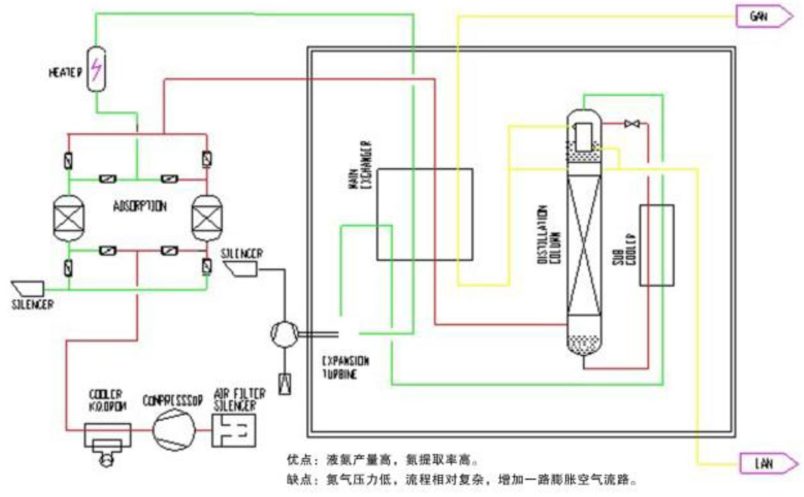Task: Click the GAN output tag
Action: [x=762, y=16]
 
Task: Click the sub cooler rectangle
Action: [x=656, y=245]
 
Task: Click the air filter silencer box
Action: [x=235, y=430]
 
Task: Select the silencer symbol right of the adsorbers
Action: [x=241, y=269]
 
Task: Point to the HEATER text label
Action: [x=64, y=72]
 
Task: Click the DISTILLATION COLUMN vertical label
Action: [x=549, y=234]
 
